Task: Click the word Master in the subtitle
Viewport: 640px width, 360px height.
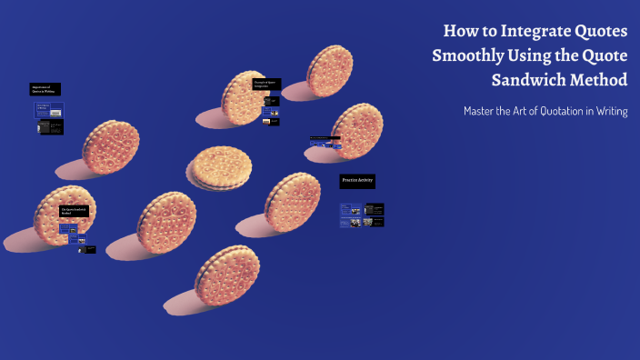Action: coord(482,111)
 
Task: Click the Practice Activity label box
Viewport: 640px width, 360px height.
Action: coord(357,182)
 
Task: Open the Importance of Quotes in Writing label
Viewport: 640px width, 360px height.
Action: coord(45,89)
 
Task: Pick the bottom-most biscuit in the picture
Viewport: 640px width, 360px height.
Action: coord(223,276)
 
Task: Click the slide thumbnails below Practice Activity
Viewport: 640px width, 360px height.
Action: coord(362,215)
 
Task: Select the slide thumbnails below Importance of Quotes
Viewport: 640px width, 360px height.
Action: coord(49,119)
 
